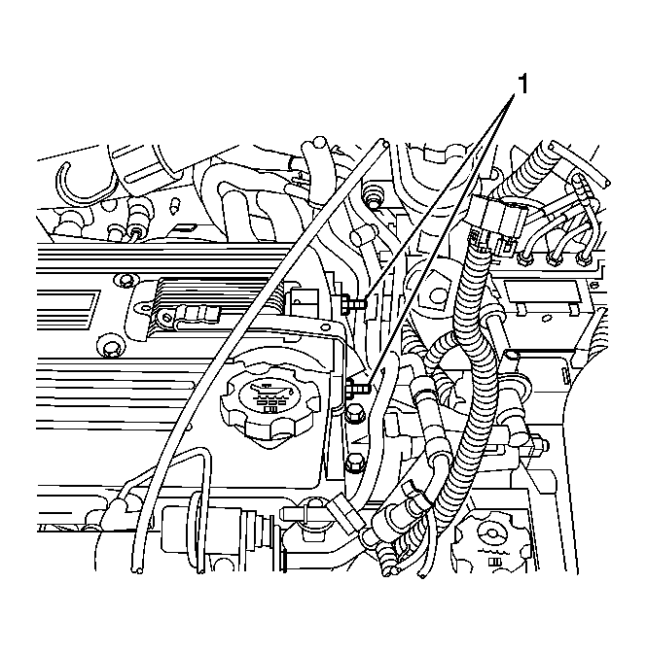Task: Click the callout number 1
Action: pos(521,86)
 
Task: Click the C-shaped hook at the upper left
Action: pos(74,179)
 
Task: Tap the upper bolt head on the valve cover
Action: pos(122,282)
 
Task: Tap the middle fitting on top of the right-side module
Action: pos(556,258)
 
